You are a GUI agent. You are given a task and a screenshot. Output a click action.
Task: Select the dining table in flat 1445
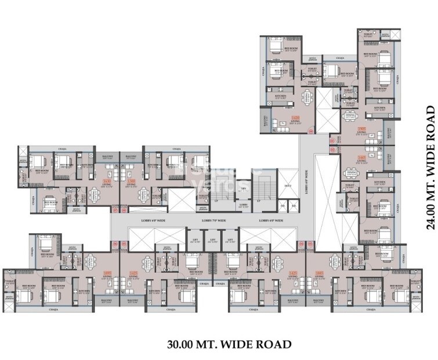click(351, 173)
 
